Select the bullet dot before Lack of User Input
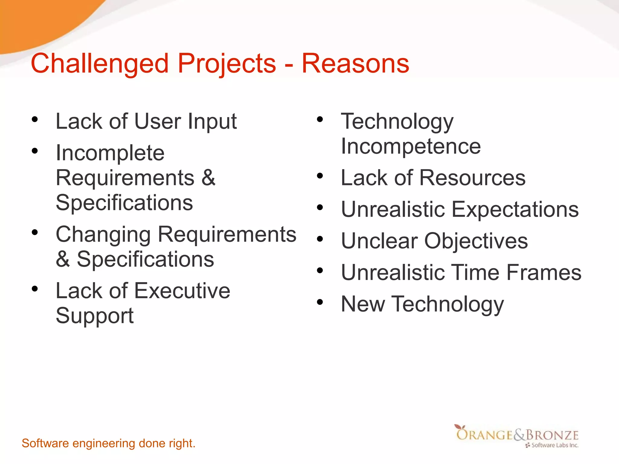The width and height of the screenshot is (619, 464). click(35, 119)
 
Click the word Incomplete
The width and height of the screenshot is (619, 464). click(110, 153)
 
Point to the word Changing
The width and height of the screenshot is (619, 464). click(103, 235)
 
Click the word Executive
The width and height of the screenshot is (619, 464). click(182, 291)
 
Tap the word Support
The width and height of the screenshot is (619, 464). click(95, 316)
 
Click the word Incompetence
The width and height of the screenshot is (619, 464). click(411, 146)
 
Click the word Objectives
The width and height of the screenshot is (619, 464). click(476, 241)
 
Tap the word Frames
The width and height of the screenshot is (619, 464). click(544, 272)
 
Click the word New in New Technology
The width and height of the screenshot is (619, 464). click(363, 304)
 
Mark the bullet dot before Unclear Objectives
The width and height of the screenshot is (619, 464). click(320, 239)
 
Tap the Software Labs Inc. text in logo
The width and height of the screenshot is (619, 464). click(555, 445)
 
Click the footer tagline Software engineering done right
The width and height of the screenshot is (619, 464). click(109, 443)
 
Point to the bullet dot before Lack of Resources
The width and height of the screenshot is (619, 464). click(320, 176)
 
